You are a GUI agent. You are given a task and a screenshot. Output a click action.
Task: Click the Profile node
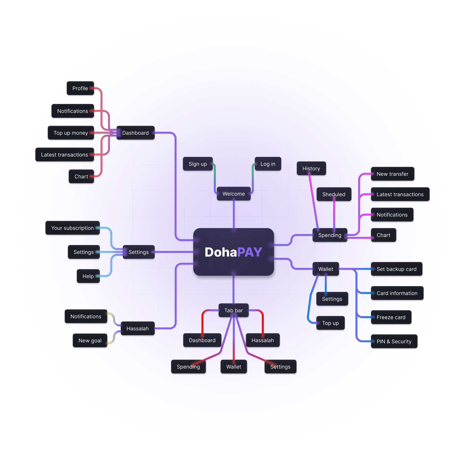pyautogui.click(x=80, y=88)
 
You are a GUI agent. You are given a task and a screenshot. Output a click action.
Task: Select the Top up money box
pyautogui.click(x=71, y=133)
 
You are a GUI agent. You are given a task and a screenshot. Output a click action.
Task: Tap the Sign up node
pyautogui.click(x=198, y=164)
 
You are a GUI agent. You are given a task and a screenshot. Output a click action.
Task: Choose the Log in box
pyautogui.click(x=268, y=164)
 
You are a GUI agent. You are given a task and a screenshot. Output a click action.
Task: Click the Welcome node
pyautogui.click(x=234, y=194)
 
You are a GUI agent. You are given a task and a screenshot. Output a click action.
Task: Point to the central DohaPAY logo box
pyautogui.click(x=234, y=252)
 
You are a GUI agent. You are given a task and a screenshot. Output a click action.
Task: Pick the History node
pyautogui.click(x=311, y=169)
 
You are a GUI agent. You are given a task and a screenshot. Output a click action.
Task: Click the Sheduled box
pyautogui.click(x=334, y=194)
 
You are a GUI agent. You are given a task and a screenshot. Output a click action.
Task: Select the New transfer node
pyautogui.click(x=392, y=174)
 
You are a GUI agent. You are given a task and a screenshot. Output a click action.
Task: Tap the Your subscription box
pyautogui.click(x=73, y=228)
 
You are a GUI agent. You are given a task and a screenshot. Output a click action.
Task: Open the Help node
pyautogui.click(x=88, y=276)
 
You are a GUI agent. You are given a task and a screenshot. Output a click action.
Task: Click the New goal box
pyautogui.click(x=90, y=341)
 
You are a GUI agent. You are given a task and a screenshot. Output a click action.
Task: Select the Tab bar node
pyautogui.click(x=234, y=311)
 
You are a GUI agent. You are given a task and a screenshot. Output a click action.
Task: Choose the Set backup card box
pyautogui.click(x=396, y=269)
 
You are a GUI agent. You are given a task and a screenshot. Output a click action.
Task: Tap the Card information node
pyautogui.click(x=397, y=293)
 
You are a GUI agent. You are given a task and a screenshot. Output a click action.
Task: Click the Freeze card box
pyautogui.click(x=391, y=317)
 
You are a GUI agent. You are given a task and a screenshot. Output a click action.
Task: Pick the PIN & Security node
pyautogui.click(x=394, y=342)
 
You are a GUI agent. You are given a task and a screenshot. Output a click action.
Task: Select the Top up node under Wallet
pyautogui.click(x=330, y=323)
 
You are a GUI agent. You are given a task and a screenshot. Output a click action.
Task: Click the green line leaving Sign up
pyautogui.click(x=215, y=176)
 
